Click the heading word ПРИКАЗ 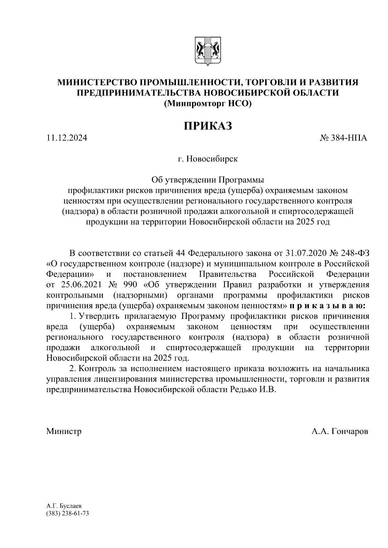[208, 126]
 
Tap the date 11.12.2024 [67, 138]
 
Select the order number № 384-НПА [343, 138]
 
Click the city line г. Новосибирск [208, 159]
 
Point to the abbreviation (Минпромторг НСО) [208, 104]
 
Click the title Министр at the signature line [64, 431]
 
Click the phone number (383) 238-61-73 [67, 513]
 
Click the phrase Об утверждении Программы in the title [208, 180]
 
